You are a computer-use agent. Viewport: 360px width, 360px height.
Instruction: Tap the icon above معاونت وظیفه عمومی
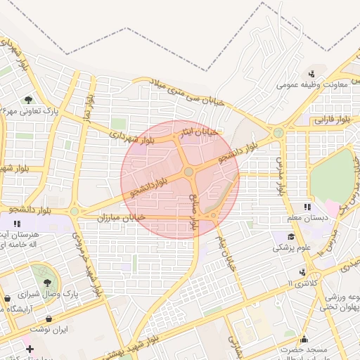click(x=311, y=74)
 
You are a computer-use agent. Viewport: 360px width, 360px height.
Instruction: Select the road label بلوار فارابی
click(x=331, y=120)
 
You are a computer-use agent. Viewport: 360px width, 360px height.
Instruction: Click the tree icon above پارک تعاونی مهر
click(x=28, y=100)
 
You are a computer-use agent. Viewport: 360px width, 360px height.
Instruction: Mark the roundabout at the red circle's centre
click(x=188, y=172)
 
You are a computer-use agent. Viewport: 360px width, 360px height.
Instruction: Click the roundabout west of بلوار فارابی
click(x=279, y=131)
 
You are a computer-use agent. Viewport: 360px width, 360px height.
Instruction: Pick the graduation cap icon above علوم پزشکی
click(x=291, y=236)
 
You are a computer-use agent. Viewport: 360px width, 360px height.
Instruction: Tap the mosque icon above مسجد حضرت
click(x=304, y=338)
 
